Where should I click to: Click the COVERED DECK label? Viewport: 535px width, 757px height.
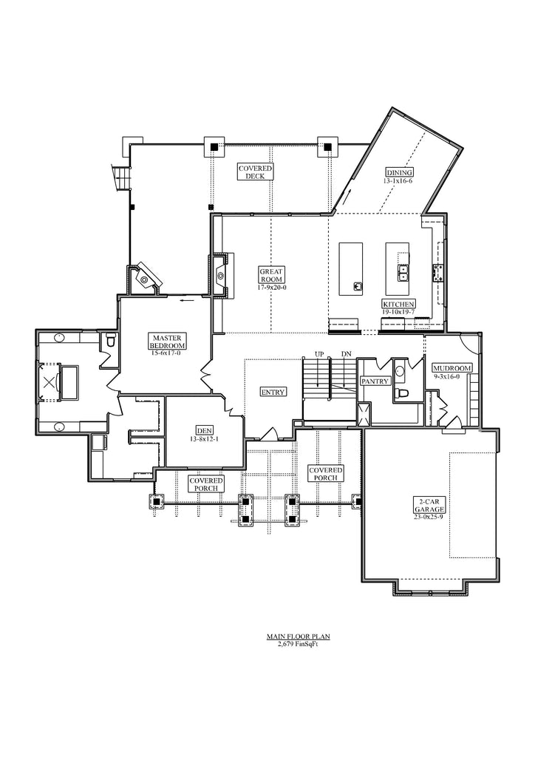pyautogui.click(x=255, y=172)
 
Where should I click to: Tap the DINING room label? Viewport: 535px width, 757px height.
pyautogui.click(x=398, y=176)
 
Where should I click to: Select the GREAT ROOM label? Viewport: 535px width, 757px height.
pyautogui.click(x=272, y=278)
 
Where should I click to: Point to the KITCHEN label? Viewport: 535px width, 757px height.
pyautogui.click(x=398, y=308)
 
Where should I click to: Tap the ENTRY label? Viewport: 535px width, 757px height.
pyautogui.click(x=273, y=392)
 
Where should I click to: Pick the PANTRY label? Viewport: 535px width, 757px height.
pyautogui.click(x=374, y=381)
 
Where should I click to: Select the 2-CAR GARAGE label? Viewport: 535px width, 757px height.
pyautogui.click(x=429, y=509)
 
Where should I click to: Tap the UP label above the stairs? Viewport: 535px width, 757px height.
pyautogui.click(x=320, y=354)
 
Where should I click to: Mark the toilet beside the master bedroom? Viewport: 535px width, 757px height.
pyautogui.click(x=110, y=341)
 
